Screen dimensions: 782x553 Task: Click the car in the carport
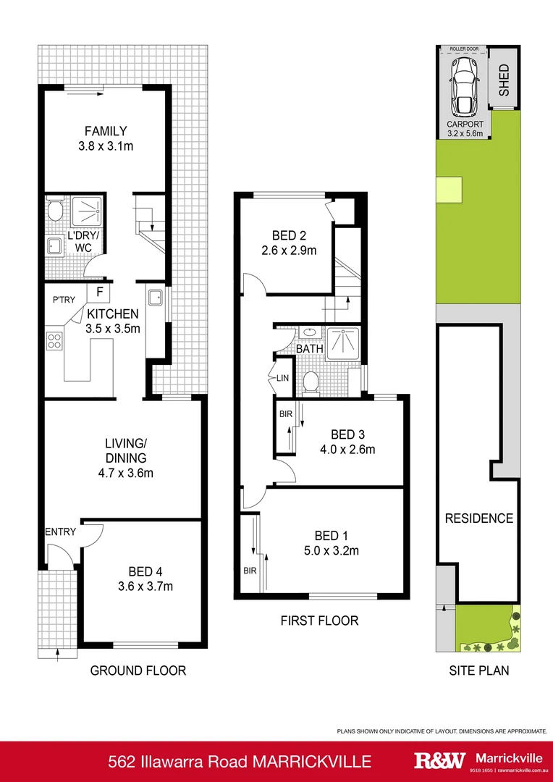point(463,86)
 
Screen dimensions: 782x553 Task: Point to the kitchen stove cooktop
point(54,340)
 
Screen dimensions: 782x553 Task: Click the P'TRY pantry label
point(64,299)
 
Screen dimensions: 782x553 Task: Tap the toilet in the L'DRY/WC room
point(55,211)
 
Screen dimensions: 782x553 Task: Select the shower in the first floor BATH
point(342,344)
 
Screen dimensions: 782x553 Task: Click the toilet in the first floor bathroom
point(312,381)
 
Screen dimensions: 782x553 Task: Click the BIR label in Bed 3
point(284,415)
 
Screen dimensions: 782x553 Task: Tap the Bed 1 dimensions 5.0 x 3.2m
point(337,550)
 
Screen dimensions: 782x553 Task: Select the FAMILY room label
point(106,131)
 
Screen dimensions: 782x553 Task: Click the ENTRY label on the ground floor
point(60,532)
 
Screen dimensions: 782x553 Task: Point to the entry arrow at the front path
point(57,655)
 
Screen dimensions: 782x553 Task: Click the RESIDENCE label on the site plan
point(478,518)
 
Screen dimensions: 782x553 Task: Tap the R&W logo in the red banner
point(438,760)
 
